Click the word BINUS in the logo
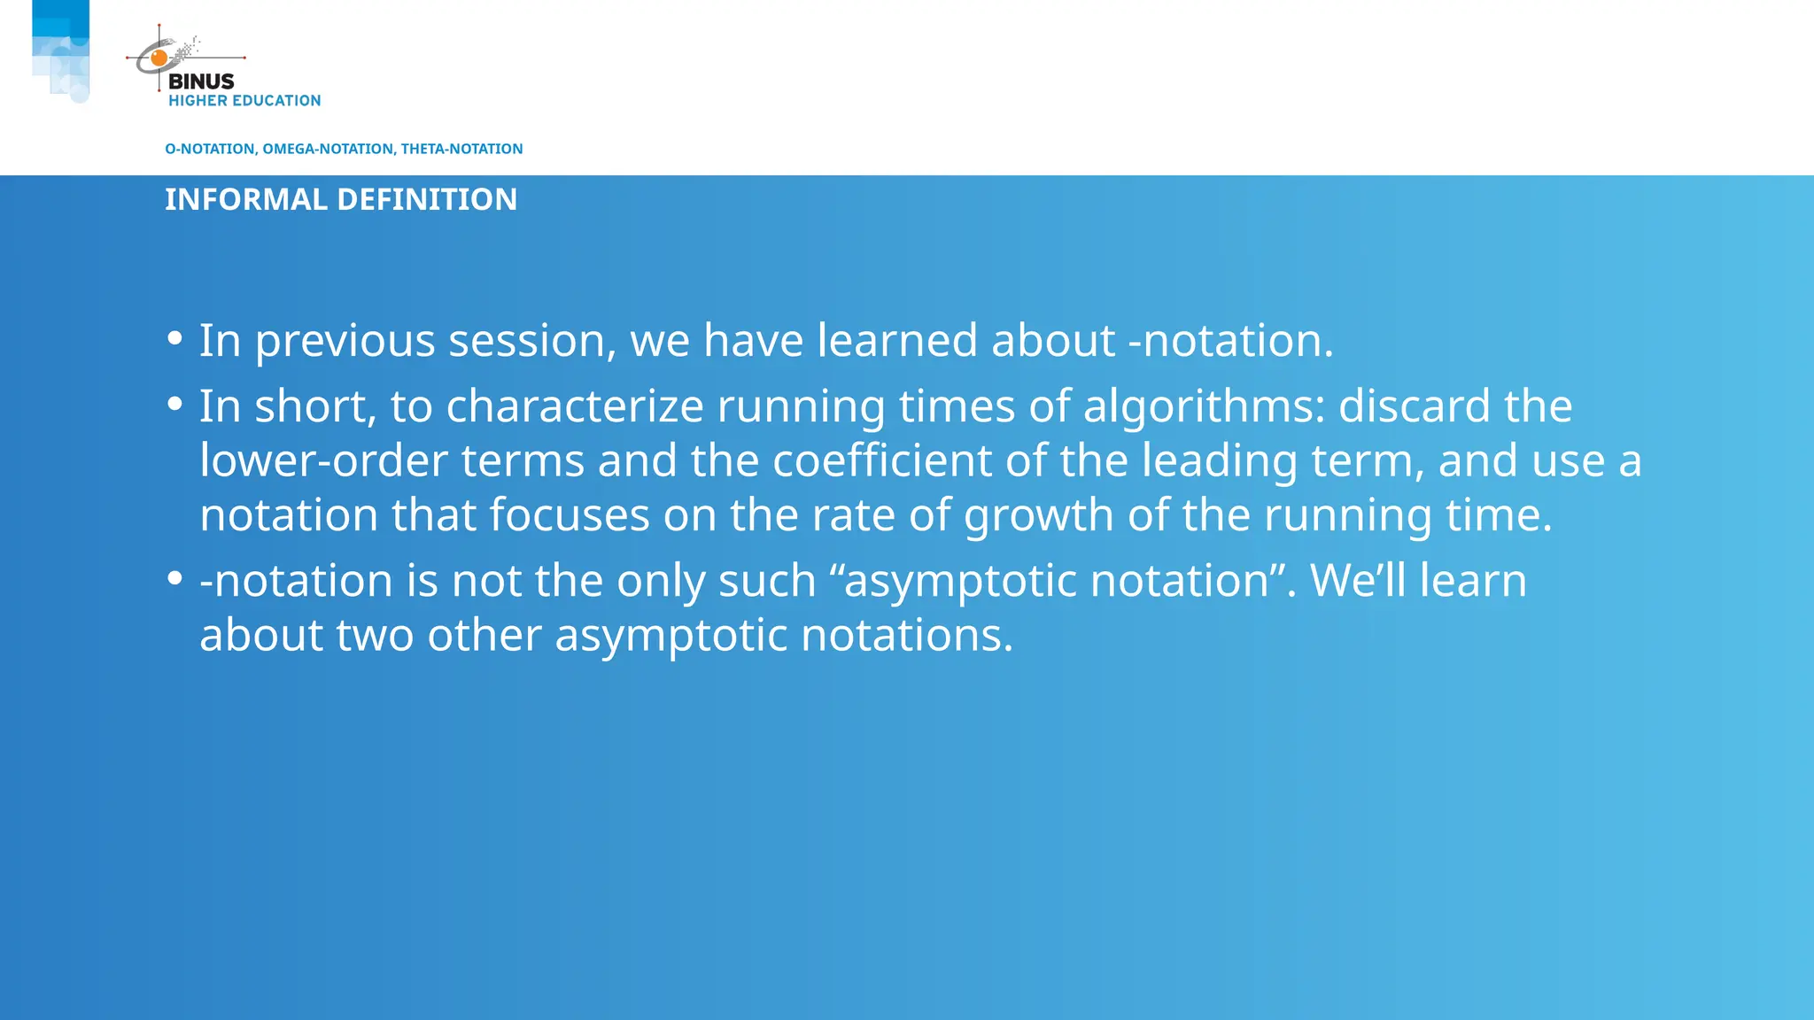[201, 81]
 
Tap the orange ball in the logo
[159, 58]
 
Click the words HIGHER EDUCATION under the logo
[244, 101]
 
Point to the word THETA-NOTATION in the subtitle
[461, 149]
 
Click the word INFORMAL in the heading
[246, 199]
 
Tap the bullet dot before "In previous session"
[174, 338]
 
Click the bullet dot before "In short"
[174, 405]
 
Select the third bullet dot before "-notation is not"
[174, 579]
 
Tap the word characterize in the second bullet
[575, 407]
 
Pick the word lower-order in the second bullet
[323, 461]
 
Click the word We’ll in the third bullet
[1358, 582]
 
